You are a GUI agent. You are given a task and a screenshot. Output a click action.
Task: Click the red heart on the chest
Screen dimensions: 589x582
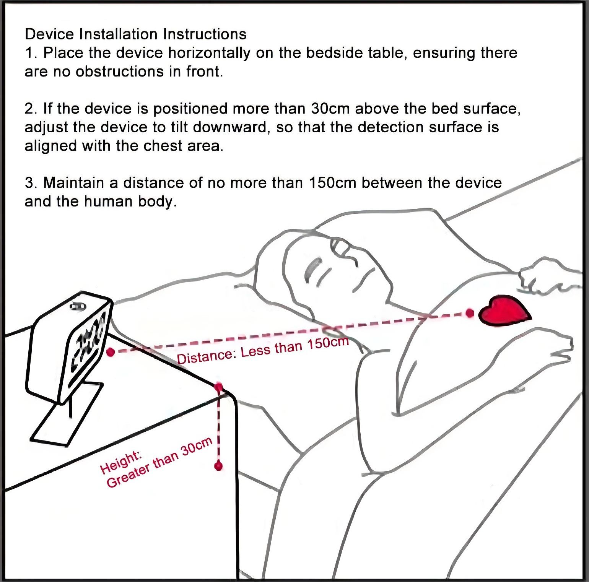click(504, 311)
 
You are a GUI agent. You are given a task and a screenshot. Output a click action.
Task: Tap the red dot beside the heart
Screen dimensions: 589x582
click(470, 314)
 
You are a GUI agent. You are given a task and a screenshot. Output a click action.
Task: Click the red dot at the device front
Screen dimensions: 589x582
click(111, 352)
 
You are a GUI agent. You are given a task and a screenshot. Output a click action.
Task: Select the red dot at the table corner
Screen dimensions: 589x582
click(219, 387)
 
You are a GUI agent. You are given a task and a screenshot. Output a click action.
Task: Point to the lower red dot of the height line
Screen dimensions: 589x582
click(218, 466)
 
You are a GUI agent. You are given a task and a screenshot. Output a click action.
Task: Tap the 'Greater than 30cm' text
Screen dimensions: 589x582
click(160, 463)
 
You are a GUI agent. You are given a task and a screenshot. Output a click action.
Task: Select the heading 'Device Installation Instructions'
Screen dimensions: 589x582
click(136, 34)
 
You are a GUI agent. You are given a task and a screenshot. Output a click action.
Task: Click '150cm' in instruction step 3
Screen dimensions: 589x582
click(332, 183)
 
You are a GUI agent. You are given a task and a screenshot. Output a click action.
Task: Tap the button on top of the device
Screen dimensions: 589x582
click(78, 306)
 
